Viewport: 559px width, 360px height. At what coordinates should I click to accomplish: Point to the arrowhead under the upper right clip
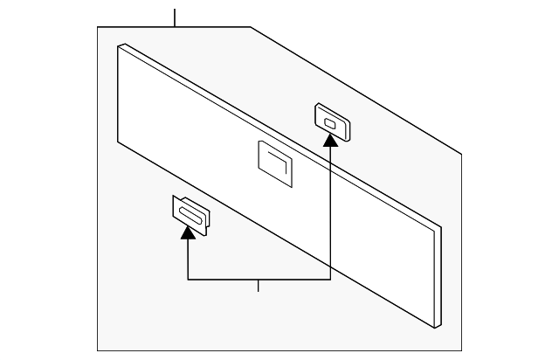tap(330, 141)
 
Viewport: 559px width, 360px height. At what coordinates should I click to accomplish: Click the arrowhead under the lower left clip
tap(188, 232)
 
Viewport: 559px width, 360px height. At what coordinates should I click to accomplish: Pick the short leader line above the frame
tap(175, 17)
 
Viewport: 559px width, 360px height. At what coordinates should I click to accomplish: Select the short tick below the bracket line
tap(259, 286)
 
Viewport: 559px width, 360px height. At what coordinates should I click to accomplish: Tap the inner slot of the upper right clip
tap(330, 123)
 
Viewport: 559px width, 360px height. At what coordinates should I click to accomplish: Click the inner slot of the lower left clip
tap(189, 214)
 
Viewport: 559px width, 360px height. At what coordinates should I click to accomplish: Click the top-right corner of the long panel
tap(441, 227)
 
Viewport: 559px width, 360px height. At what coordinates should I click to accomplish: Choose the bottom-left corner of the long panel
tap(118, 145)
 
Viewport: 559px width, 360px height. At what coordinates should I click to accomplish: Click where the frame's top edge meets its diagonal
tap(252, 27)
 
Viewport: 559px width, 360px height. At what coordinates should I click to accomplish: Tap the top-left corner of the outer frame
tap(97, 27)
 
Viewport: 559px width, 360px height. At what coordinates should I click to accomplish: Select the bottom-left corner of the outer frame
tap(97, 351)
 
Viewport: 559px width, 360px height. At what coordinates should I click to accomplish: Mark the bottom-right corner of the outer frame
tap(461, 351)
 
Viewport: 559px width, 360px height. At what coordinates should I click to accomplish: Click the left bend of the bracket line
tap(188, 280)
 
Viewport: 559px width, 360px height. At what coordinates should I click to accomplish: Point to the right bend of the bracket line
tap(330, 280)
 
